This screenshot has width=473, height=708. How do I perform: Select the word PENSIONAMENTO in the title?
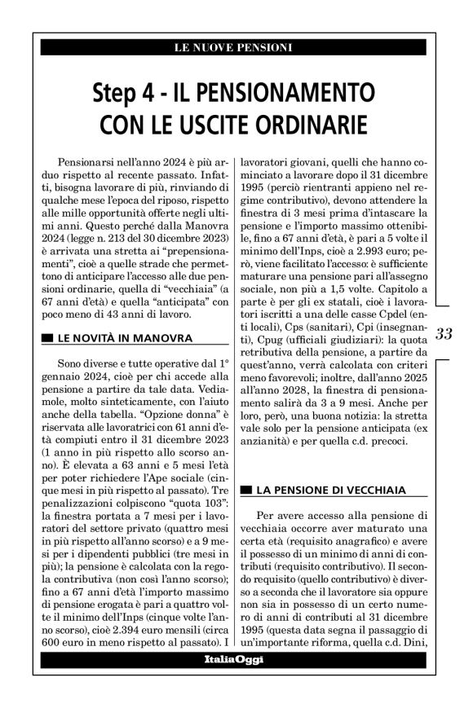point(291,90)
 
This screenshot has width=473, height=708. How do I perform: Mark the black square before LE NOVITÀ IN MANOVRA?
point(46,338)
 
